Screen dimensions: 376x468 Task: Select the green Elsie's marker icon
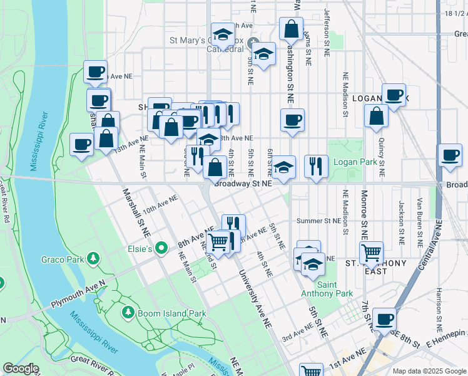coord(162,249)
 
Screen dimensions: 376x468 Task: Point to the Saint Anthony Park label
coord(335,289)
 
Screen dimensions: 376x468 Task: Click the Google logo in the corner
coord(21,368)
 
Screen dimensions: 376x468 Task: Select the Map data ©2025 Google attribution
coord(429,371)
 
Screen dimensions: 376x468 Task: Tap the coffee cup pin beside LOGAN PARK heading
coord(394,95)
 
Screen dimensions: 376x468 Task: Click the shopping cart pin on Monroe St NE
coord(371,253)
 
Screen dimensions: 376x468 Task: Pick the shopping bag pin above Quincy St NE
coord(375,116)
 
